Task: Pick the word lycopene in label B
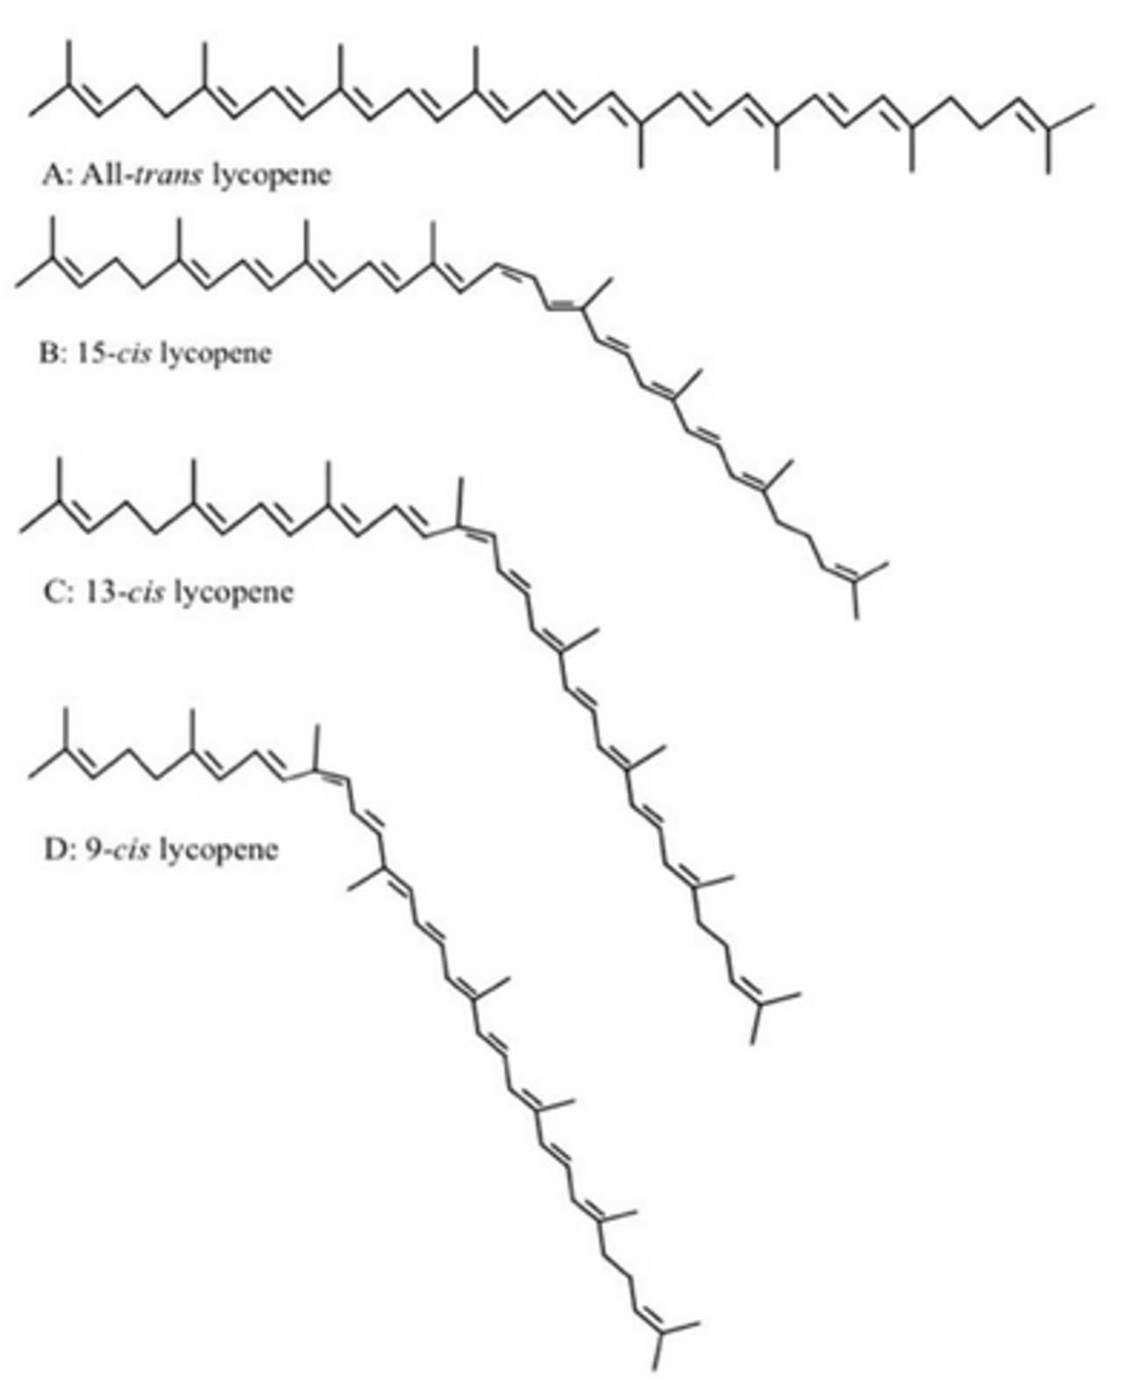tap(217, 355)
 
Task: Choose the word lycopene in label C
tap(233, 593)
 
